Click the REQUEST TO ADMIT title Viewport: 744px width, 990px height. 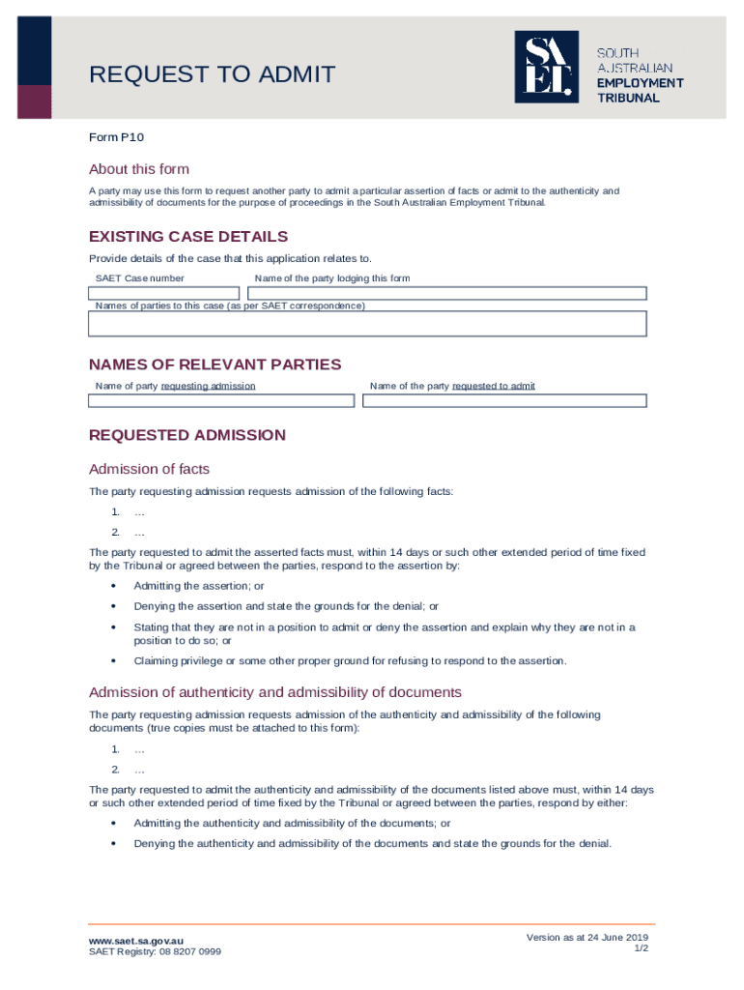[x=212, y=74]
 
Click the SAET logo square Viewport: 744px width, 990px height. [x=546, y=67]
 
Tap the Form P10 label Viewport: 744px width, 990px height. [x=116, y=137]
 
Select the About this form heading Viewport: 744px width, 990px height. [x=139, y=169]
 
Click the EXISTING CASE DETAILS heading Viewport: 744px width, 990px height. [x=188, y=237]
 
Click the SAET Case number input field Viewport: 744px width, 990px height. [x=164, y=293]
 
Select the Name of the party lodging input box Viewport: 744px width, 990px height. [x=446, y=293]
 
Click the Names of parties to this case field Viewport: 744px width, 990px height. [x=367, y=324]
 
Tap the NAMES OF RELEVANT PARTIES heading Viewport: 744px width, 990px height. [x=215, y=364]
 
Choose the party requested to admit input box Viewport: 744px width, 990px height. [x=503, y=400]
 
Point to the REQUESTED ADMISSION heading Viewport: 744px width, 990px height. [x=187, y=435]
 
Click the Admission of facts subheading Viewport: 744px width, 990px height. [x=149, y=470]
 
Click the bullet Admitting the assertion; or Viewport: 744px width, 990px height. [x=199, y=586]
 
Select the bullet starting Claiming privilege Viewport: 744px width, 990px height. [x=350, y=661]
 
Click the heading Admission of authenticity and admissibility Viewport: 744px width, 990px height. [x=275, y=692]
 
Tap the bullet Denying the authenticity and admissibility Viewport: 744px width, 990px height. [x=372, y=843]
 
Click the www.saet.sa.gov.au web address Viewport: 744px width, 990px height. [x=135, y=940]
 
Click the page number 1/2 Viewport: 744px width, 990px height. [x=641, y=948]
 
